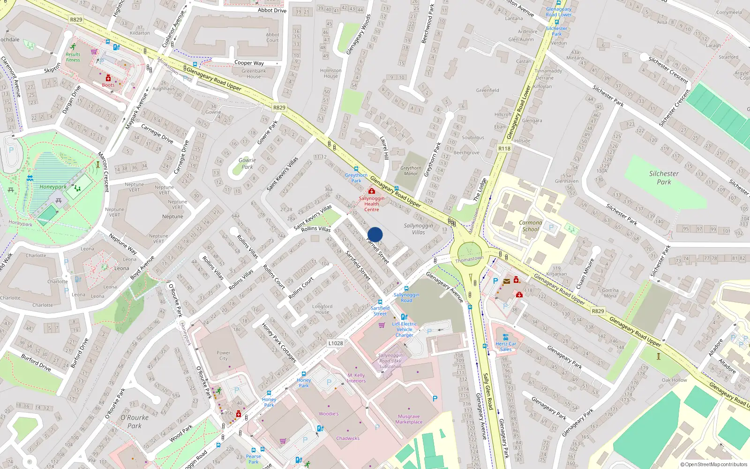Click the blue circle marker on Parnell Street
point(375,234)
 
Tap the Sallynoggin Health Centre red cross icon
point(372,191)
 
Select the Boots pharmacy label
point(108,85)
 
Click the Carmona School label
point(531,226)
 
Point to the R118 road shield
point(504,148)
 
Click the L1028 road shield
point(335,343)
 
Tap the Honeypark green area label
point(53,187)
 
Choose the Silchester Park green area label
point(664,178)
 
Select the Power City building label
point(224,356)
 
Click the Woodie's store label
point(329,414)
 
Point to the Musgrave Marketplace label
point(409,419)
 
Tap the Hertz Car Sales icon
point(505,337)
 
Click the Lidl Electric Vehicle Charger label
point(405,329)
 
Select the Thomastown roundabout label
point(469,259)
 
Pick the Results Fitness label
point(73,57)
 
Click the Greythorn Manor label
point(411,171)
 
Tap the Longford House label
point(322,309)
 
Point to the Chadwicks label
point(348,439)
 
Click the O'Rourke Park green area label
point(135,422)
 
